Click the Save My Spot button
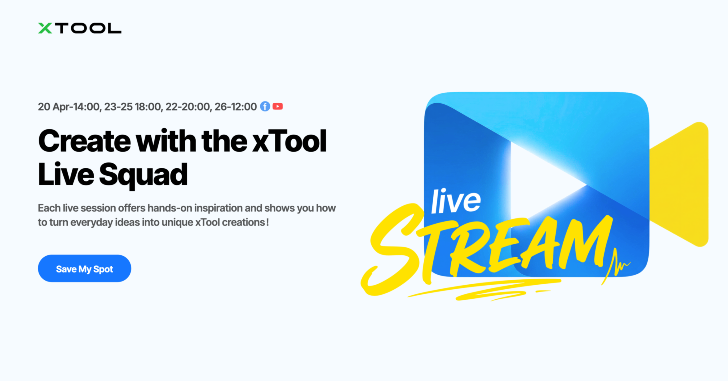pos(85,268)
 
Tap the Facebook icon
pos(265,106)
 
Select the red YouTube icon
pos(277,106)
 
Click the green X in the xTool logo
pos(45,28)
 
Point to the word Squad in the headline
pos(143,175)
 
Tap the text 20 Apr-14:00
pos(70,107)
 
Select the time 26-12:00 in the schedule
pos(235,107)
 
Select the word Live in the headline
pos(66,174)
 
